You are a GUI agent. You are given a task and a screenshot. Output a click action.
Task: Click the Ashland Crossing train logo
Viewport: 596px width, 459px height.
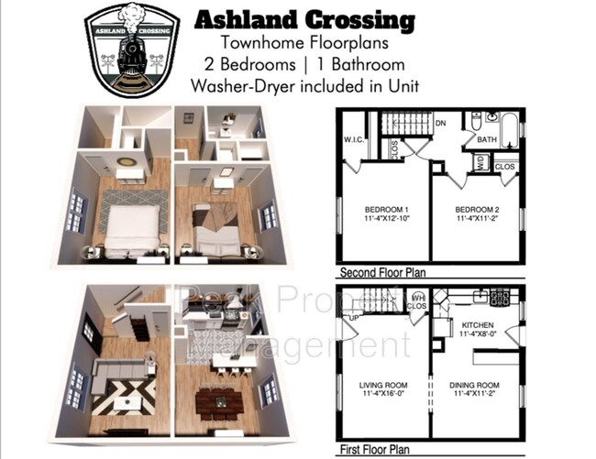click(129, 50)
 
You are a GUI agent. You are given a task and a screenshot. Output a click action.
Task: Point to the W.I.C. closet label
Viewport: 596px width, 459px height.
click(355, 141)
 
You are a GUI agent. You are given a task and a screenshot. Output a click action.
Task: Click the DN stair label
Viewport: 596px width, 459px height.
click(440, 122)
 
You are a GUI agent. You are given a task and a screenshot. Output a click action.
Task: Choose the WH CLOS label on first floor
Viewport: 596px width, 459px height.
click(417, 301)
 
